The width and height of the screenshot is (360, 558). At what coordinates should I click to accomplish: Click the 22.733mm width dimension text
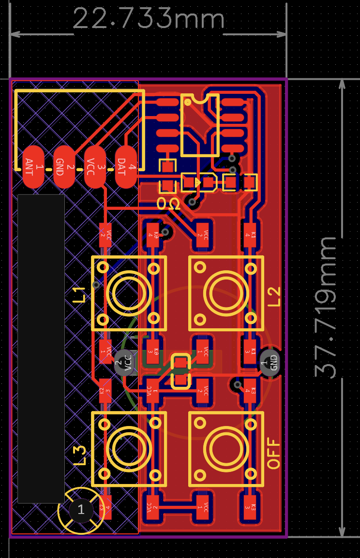click(x=149, y=19)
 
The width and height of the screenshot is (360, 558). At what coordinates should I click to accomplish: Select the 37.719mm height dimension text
click(x=326, y=308)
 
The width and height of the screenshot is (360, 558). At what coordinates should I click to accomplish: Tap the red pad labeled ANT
click(x=33, y=167)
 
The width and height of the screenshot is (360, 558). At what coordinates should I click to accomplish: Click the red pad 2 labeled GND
click(x=64, y=167)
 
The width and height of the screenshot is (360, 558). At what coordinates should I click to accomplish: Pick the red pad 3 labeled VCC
click(x=95, y=167)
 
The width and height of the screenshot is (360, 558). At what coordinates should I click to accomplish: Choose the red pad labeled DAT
click(x=125, y=167)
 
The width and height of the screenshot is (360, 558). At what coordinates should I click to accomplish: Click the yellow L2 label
click(x=274, y=296)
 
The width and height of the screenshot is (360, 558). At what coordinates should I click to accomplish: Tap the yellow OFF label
click(x=274, y=454)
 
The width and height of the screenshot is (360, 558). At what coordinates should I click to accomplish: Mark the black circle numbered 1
click(x=81, y=509)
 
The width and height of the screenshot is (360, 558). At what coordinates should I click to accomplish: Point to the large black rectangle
click(x=41, y=348)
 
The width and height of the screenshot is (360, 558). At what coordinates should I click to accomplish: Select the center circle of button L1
click(x=129, y=293)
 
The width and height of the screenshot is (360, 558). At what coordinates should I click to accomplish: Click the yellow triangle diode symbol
click(x=197, y=182)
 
